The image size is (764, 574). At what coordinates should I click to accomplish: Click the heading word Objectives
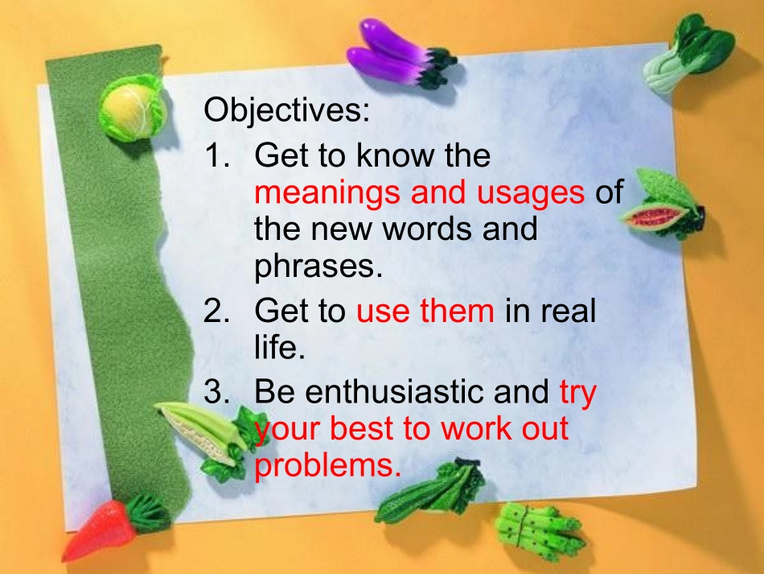click(x=286, y=111)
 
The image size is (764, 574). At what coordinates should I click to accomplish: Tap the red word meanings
click(x=327, y=193)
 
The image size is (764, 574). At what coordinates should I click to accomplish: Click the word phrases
click(x=318, y=267)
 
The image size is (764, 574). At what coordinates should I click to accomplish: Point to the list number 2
click(x=216, y=310)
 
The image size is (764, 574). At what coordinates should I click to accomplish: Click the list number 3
click(x=216, y=391)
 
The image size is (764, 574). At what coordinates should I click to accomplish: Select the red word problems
click(x=327, y=466)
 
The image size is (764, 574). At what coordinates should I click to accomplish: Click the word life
click(x=279, y=347)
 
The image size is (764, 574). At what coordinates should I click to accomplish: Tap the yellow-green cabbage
click(x=132, y=107)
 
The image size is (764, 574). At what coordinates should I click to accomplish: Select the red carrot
click(x=111, y=529)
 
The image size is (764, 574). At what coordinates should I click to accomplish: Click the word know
click(x=395, y=155)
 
